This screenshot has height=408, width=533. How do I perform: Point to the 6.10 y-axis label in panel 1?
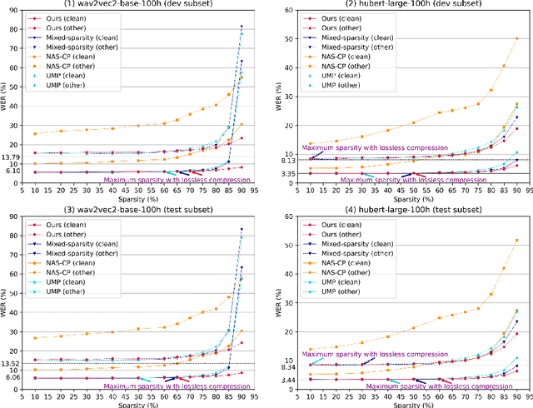[x=12, y=172]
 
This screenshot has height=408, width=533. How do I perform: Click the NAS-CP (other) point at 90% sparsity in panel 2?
[x=516, y=38]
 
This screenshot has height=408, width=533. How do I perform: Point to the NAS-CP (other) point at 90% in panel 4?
[x=516, y=241]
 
